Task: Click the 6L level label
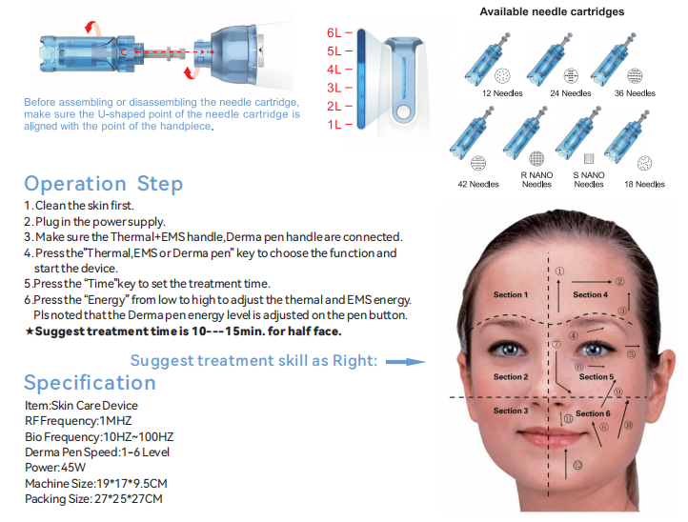click(334, 33)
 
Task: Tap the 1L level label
click(334, 125)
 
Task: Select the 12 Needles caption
click(502, 93)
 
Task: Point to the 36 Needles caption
click(635, 93)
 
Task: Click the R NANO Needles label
click(536, 179)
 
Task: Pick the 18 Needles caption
click(644, 184)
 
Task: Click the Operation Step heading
click(104, 184)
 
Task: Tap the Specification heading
click(90, 383)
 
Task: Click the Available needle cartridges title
click(552, 11)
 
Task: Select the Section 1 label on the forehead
click(511, 294)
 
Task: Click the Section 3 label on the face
click(511, 411)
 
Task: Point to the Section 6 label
click(593, 413)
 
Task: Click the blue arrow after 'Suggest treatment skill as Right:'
click(405, 362)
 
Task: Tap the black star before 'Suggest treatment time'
click(29, 331)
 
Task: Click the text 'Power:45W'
click(55, 468)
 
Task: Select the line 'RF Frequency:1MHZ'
click(78, 421)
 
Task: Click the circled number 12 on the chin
click(577, 466)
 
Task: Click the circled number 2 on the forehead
click(619, 282)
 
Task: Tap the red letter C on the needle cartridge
click(124, 52)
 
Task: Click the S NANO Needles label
click(589, 179)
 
